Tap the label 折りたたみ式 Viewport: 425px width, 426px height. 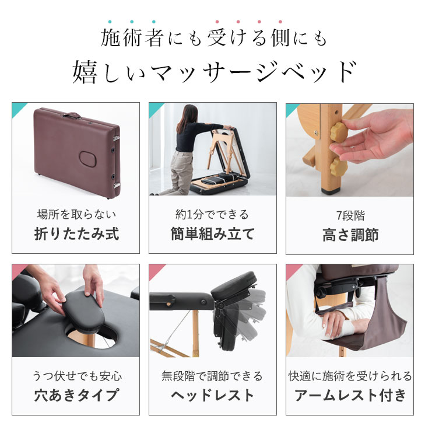click(x=76, y=235)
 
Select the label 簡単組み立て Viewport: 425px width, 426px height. click(x=212, y=235)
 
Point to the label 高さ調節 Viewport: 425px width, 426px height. click(x=350, y=235)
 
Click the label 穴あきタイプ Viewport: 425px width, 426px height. click(x=76, y=395)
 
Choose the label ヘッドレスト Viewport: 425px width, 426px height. click(x=212, y=395)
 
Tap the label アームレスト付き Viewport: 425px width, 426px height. click(x=350, y=395)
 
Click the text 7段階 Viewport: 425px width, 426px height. click(x=350, y=215)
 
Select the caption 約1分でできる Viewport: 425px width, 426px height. click(x=212, y=215)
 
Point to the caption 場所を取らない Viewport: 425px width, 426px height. click(x=76, y=215)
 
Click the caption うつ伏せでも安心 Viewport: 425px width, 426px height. click(x=76, y=376)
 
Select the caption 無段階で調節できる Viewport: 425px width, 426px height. click(x=212, y=376)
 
